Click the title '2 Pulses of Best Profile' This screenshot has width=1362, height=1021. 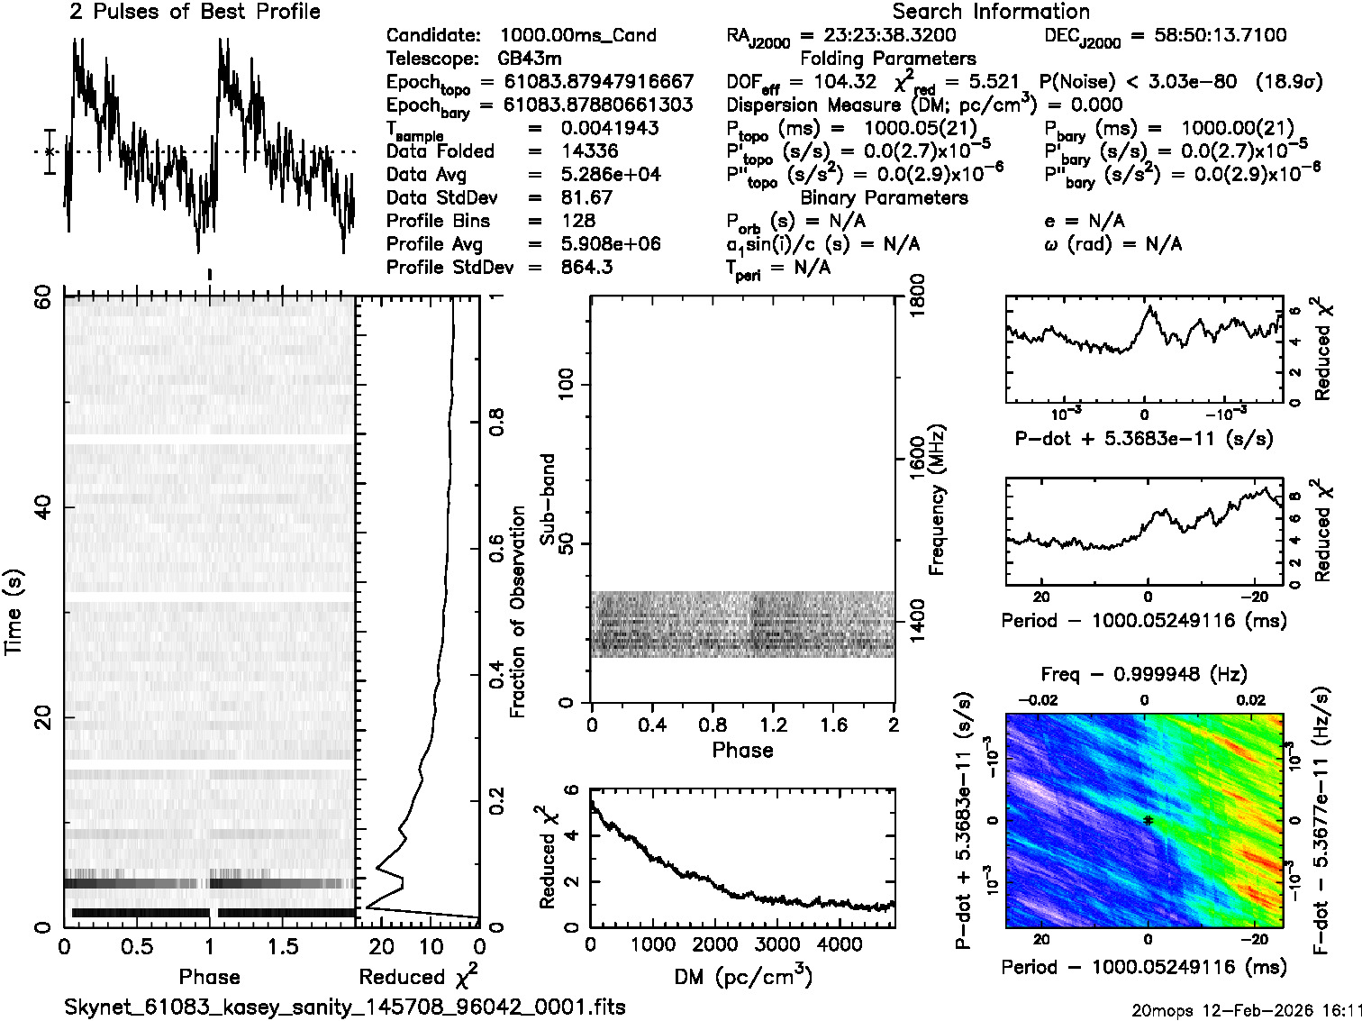[195, 12]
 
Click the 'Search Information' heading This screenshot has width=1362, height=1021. [991, 12]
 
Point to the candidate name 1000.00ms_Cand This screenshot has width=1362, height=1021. [577, 35]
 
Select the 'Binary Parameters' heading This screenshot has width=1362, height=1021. [884, 197]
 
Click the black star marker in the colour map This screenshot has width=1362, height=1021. [1148, 820]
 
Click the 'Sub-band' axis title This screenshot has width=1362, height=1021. [548, 498]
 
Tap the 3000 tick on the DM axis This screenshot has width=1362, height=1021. [776, 945]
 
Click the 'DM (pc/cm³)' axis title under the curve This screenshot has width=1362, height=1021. [743, 976]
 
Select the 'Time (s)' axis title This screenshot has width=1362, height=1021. [14, 612]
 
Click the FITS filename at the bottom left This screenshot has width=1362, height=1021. [345, 1006]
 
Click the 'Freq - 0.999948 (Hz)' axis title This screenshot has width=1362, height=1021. [1144, 674]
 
